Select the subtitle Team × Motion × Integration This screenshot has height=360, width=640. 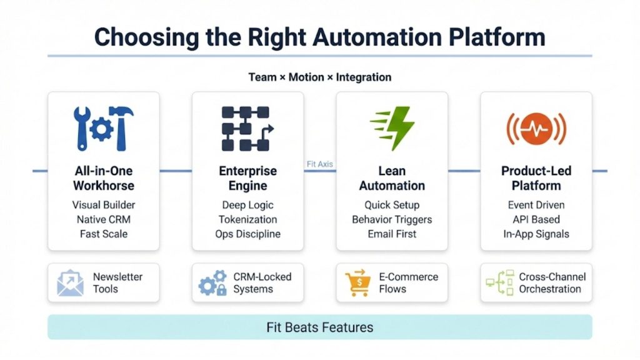pyautogui.click(x=319, y=77)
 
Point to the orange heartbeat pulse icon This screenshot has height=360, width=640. pyautogui.click(x=536, y=129)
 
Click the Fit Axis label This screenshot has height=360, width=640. pyautogui.click(x=320, y=164)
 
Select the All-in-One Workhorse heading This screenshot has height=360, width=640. pyautogui.click(x=104, y=178)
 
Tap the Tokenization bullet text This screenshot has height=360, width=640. pyautogui.click(x=247, y=219)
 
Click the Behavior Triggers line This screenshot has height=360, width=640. pyautogui.click(x=392, y=219)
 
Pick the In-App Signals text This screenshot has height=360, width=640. pyautogui.click(x=536, y=234)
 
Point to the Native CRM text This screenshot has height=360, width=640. pyautogui.click(x=104, y=219)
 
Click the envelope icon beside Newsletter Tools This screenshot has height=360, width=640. pyautogui.click(x=70, y=283)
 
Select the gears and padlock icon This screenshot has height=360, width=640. pyautogui.click(x=212, y=283)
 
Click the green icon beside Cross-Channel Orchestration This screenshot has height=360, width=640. pyautogui.click(x=500, y=283)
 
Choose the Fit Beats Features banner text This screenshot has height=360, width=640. pyautogui.click(x=319, y=327)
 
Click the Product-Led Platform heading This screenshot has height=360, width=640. pyautogui.click(x=536, y=178)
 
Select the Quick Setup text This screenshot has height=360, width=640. pyautogui.click(x=392, y=205)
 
